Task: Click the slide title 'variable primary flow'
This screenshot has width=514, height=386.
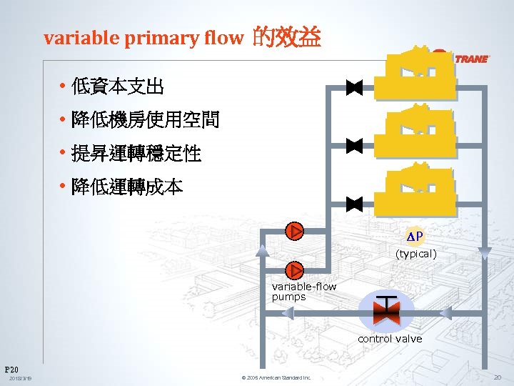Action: click(143, 38)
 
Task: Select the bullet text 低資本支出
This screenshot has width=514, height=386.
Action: click(118, 87)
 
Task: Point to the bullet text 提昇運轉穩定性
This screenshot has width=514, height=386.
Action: click(136, 153)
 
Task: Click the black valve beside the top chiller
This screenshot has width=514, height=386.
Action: click(354, 88)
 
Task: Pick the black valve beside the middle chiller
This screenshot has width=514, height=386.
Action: click(354, 146)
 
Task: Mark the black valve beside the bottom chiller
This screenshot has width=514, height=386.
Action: click(354, 203)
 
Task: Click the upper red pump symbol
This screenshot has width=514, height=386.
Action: click(294, 231)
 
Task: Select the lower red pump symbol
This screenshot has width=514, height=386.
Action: click(294, 270)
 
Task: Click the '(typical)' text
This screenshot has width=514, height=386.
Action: click(417, 254)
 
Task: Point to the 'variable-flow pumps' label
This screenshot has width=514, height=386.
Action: click(303, 292)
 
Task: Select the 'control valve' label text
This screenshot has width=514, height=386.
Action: click(390, 339)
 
